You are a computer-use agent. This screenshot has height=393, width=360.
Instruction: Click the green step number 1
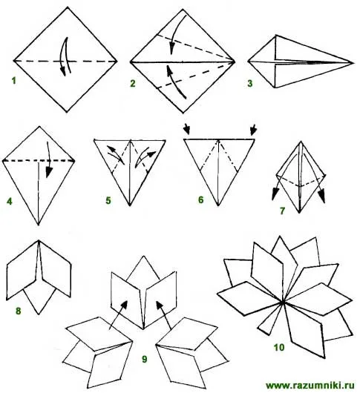pyautogui.click(x=14, y=81)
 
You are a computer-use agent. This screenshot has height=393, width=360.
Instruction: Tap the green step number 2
pyautogui.click(x=133, y=84)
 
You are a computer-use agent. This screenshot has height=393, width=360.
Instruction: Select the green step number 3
pyautogui.click(x=250, y=84)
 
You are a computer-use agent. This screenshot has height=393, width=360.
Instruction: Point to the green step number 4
pyautogui.click(x=10, y=202)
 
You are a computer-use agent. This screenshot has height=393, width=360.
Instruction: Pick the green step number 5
pyautogui.click(x=108, y=201)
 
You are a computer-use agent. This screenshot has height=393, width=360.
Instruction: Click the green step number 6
pyautogui.click(x=201, y=200)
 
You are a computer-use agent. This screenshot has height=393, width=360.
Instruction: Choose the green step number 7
pyautogui.click(x=283, y=211)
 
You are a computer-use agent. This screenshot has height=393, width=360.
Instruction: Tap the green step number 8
pyautogui.click(x=19, y=311)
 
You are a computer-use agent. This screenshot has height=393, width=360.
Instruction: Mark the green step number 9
pyautogui.click(x=145, y=359)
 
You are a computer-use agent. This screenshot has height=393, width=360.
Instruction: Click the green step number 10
pyautogui.click(x=279, y=348)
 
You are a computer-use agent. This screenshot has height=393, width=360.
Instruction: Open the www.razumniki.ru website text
pyautogui.click(x=310, y=386)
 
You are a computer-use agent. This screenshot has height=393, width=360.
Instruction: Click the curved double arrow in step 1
pyautogui.click(x=65, y=57)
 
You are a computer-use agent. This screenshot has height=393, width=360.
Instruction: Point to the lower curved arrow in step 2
pyautogui.click(x=174, y=81)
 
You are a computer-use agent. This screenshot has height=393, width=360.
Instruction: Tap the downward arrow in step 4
pyautogui.click(x=49, y=160)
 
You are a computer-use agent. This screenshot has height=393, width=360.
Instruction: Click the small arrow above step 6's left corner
pyautogui.click(x=187, y=129)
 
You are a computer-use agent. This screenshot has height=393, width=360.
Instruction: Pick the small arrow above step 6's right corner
pyautogui.click(x=254, y=129)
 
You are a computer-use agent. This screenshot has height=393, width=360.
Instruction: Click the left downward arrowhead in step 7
pyautogui.click(x=275, y=195)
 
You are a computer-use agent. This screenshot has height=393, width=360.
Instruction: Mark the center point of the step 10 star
pyautogui.click(x=283, y=303)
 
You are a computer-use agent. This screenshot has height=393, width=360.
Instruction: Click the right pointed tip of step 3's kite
pyautogui.click(x=353, y=63)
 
